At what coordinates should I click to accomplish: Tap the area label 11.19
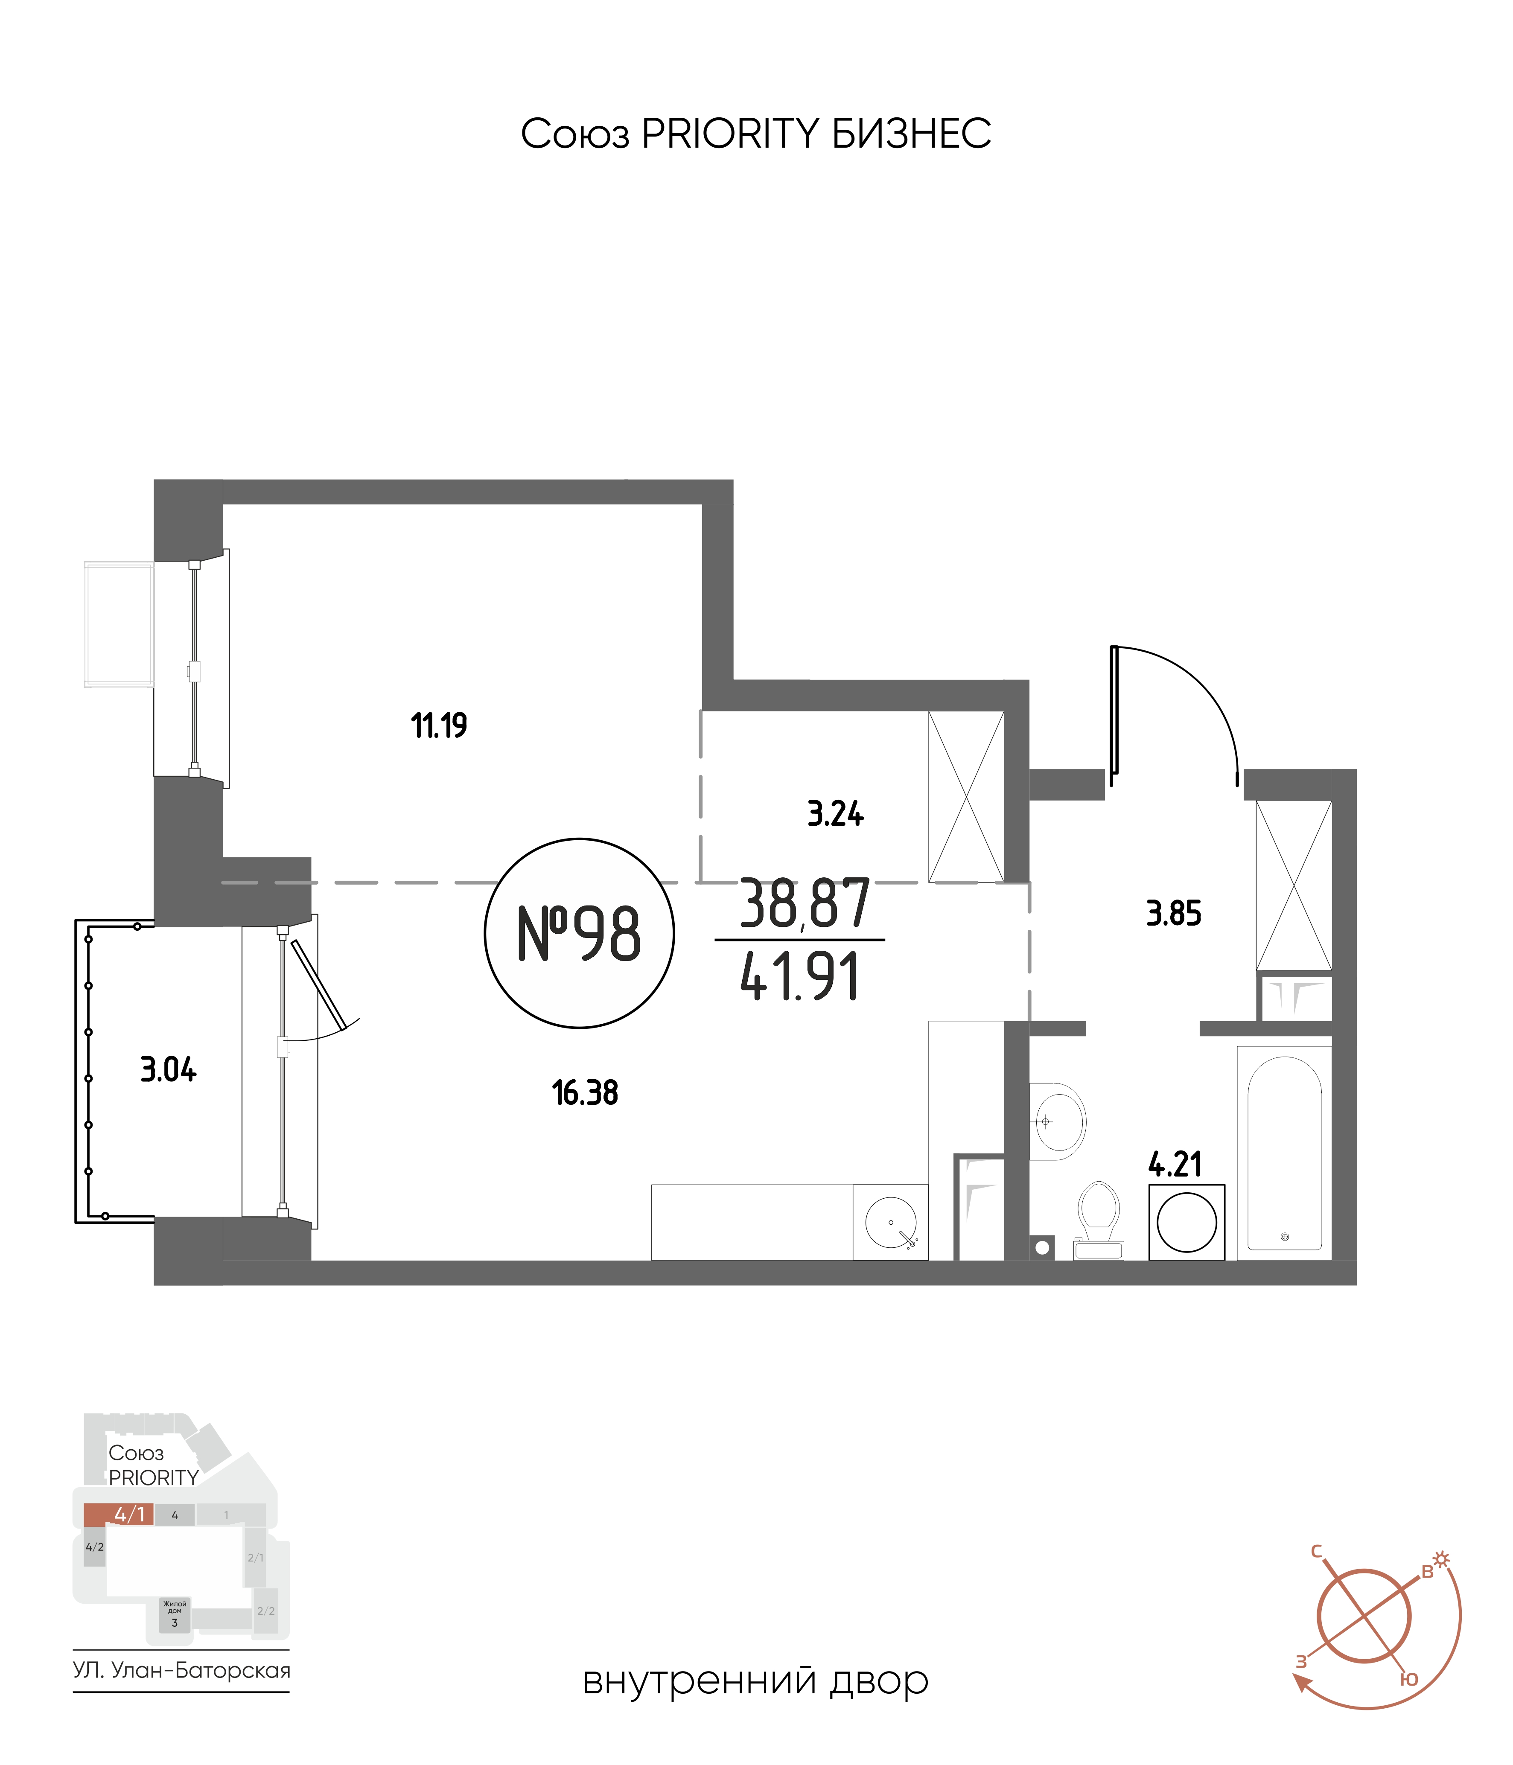click(439, 726)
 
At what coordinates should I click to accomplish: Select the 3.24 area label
click(835, 814)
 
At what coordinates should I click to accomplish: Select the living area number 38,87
click(804, 904)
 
